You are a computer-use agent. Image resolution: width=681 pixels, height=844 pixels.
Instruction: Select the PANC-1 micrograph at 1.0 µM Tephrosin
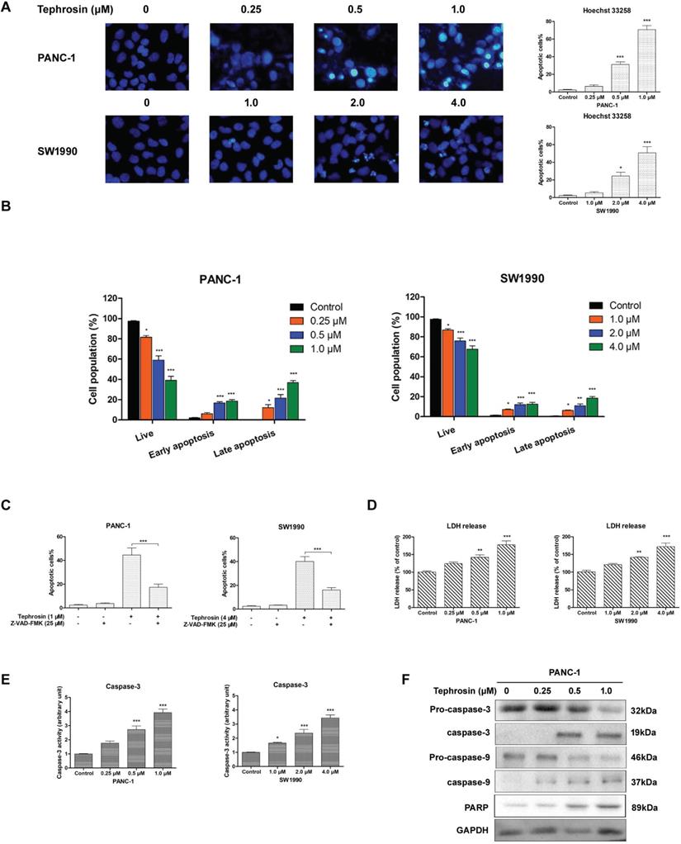point(459,59)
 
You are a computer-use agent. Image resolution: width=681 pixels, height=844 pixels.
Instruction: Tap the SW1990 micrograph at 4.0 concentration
point(459,156)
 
